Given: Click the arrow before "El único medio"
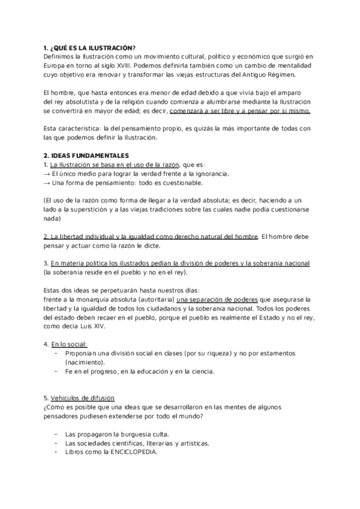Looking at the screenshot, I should pyautogui.click(x=47, y=173).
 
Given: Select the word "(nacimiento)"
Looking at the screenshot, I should pyautogui.click(x=85, y=363).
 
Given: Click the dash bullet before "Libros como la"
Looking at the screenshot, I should pyautogui.click(x=56, y=452).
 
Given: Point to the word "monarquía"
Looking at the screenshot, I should pyautogui.click(x=91, y=299).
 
